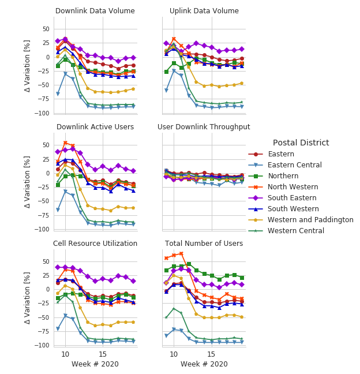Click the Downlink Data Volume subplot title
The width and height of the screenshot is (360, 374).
coord(95,11)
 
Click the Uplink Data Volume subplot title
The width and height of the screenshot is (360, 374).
coord(204,11)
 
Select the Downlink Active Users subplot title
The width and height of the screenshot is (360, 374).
coord(95,127)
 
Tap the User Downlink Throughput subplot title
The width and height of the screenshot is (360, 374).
coord(204,127)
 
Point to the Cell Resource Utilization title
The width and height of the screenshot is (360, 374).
coord(95,244)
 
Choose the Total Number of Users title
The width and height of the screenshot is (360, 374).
coord(204,244)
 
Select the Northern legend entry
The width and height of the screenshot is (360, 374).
coord(284,176)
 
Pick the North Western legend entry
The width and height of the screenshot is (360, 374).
coord(292,187)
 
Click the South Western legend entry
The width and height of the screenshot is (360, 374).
coord(292,209)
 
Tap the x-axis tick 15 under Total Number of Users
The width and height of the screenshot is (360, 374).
coord(211,354)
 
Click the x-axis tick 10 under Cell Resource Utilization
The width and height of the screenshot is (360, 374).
coord(65,354)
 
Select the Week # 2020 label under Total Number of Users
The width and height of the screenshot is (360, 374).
coord(204,364)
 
